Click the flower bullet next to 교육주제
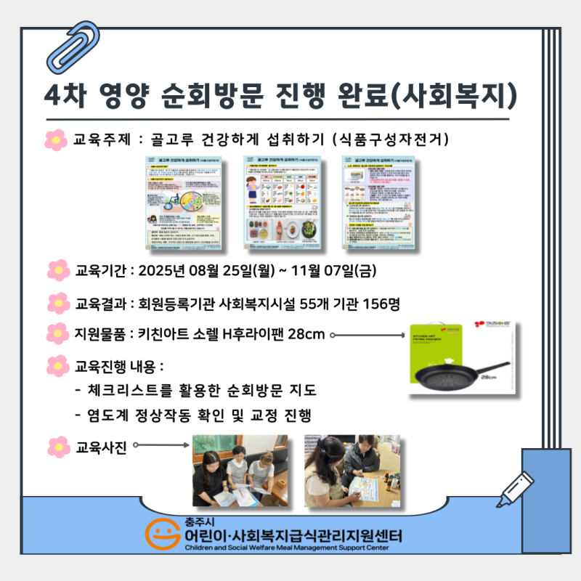[x=56, y=138]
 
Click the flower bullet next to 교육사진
[x=57, y=448]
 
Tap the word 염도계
[x=105, y=415]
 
